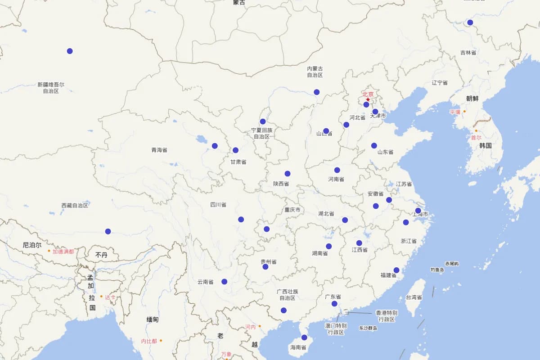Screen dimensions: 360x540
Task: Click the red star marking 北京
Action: tap(368, 100)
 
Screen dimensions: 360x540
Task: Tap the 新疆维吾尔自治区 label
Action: tap(51, 87)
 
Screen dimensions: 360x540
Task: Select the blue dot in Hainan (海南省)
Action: tap(304, 337)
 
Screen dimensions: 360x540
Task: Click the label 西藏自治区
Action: tap(75, 205)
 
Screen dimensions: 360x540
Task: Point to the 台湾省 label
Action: tap(414, 297)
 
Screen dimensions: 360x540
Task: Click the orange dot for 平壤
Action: tap(464, 111)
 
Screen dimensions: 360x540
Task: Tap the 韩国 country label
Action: tap(485, 145)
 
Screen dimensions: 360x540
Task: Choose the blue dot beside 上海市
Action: tap(418, 211)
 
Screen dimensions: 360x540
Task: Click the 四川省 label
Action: tap(218, 205)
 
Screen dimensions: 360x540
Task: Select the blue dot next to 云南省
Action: tap(225, 282)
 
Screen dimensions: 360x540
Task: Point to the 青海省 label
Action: tap(159, 150)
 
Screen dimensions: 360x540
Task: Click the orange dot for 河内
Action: tap(260, 326)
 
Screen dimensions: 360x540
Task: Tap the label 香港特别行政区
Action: tap(387, 316)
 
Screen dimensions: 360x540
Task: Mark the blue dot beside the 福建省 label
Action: tap(396, 270)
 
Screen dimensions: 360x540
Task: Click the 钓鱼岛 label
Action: tap(437, 270)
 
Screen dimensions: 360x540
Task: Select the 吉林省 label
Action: tap(468, 53)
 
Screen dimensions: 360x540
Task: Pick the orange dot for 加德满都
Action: tap(49, 251)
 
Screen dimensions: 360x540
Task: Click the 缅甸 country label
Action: tap(153, 319)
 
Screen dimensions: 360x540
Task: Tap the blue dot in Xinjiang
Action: tap(70, 51)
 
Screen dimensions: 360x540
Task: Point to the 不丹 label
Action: tap(102, 255)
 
